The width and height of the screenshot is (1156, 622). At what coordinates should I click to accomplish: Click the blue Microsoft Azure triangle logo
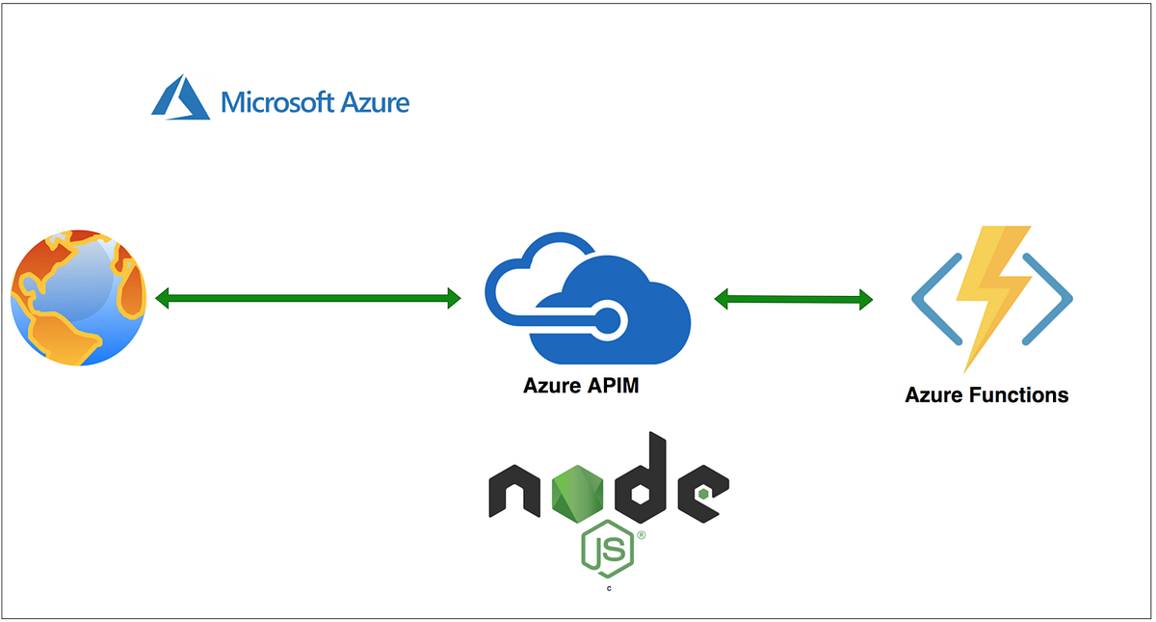click(x=180, y=98)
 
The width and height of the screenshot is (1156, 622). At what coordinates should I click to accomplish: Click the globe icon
click(x=79, y=297)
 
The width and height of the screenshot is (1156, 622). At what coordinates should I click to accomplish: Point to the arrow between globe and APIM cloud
click(x=308, y=299)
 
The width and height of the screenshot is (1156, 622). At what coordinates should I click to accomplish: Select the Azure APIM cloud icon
click(x=588, y=299)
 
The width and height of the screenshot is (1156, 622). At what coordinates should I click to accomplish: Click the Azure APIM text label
click(x=581, y=387)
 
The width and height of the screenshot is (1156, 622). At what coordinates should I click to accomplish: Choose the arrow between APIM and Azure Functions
click(x=793, y=300)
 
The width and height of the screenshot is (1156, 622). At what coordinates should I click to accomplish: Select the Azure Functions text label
click(x=986, y=395)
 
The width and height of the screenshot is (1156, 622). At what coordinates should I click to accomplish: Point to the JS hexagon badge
click(x=607, y=551)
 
